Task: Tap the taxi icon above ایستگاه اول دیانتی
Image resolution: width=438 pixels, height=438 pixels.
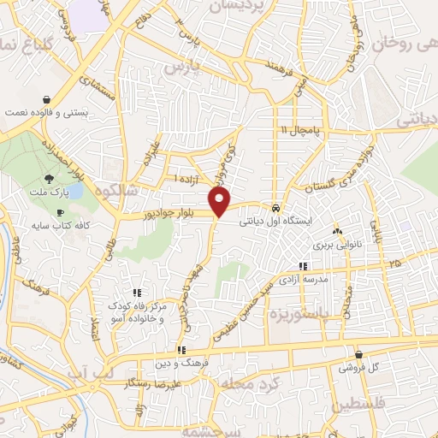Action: click(275, 208)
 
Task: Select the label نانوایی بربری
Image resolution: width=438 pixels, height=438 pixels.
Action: click(336, 245)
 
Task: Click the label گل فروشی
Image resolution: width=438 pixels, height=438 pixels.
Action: click(357, 367)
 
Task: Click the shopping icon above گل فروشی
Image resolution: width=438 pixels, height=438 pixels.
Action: click(358, 354)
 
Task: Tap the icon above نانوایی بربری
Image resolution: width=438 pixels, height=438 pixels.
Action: click(336, 232)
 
